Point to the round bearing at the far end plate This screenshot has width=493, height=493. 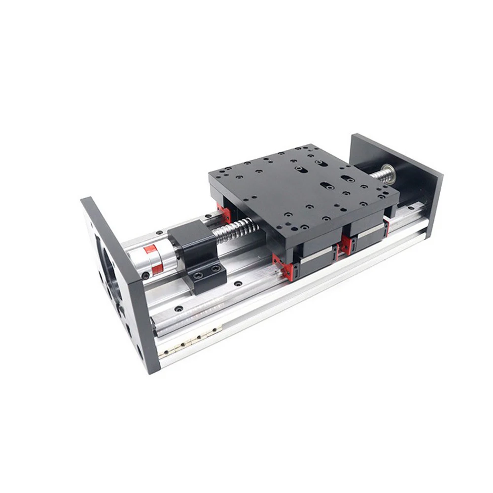390,174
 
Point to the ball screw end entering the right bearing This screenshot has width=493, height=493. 380,175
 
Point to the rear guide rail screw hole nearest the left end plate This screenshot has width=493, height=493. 158,233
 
